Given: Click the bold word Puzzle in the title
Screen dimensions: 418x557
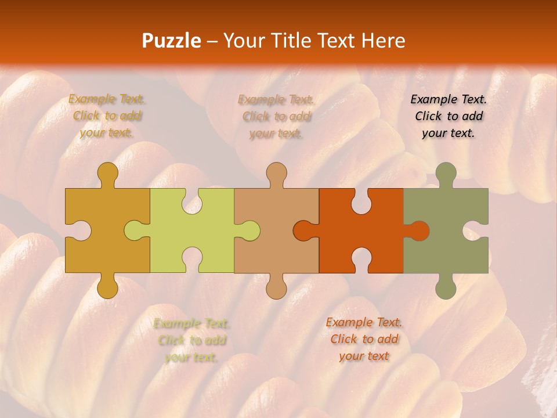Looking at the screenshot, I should point(172,41).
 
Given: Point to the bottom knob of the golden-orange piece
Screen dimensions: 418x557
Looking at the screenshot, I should point(107,287).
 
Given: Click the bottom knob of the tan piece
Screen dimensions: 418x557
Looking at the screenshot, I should point(276,287).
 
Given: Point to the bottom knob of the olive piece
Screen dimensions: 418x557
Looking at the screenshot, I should point(446,287).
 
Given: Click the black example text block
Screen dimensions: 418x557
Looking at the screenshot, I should point(449,116).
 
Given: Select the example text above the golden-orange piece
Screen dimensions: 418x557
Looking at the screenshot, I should point(107,116).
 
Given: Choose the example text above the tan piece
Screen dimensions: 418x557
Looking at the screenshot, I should point(276,116).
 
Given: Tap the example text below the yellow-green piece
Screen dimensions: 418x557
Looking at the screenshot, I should point(191,340).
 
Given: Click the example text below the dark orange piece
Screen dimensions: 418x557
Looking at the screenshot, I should point(364,339).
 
